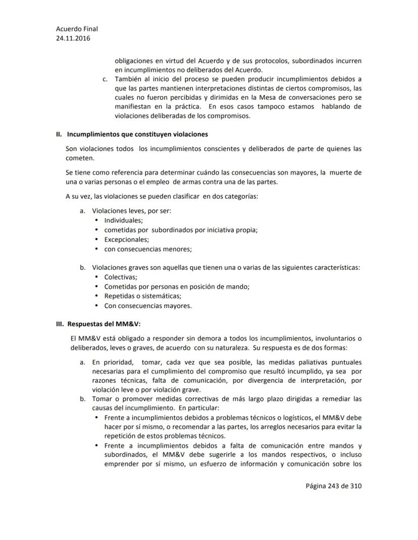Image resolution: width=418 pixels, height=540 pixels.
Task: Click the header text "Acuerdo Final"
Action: tap(77, 29)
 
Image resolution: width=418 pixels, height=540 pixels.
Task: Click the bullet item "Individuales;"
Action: tap(124, 220)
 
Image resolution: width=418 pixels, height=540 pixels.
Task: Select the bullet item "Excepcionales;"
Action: tap(126, 239)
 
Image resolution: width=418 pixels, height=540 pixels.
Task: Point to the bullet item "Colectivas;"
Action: tap(121, 277)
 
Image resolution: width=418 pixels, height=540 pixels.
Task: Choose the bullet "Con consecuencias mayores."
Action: tap(148, 306)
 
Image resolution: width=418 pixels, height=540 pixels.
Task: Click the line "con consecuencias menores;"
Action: tap(148, 249)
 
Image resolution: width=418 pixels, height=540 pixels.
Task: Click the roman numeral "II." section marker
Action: tap(59, 135)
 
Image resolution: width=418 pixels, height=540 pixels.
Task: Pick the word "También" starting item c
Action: tap(127, 79)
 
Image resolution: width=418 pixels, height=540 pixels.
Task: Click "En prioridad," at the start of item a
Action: tap(114, 362)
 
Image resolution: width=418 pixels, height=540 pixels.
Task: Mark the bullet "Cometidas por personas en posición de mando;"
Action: tap(177, 286)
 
